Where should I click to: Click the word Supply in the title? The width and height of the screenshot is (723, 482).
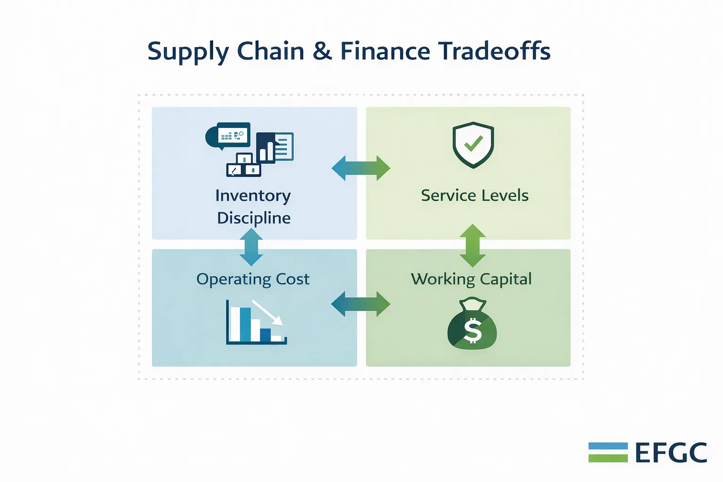tap(188, 51)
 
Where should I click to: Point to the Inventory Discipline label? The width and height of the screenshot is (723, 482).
tap(253, 207)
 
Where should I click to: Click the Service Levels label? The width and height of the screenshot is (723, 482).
tap(474, 195)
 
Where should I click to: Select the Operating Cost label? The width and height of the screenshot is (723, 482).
tap(253, 279)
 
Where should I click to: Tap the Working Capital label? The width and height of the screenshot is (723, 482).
tap(471, 279)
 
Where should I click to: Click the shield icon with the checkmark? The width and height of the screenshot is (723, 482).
tap(473, 145)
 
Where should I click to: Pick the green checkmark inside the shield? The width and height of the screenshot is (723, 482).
tap(474, 144)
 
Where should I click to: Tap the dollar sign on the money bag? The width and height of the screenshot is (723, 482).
tap(473, 330)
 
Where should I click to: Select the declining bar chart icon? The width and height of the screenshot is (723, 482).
tap(256, 322)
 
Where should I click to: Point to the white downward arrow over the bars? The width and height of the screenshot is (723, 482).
tap(268, 313)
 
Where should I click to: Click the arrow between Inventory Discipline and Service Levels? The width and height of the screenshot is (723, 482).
tap(361, 168)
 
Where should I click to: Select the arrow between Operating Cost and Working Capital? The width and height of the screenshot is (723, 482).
tap(361, 304)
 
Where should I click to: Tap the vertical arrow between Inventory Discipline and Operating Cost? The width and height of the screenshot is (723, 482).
tap(251, 247)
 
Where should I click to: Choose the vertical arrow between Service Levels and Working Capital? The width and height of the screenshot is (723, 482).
tap(473, 246)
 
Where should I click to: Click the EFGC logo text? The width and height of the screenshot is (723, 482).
tap(671, 453)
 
